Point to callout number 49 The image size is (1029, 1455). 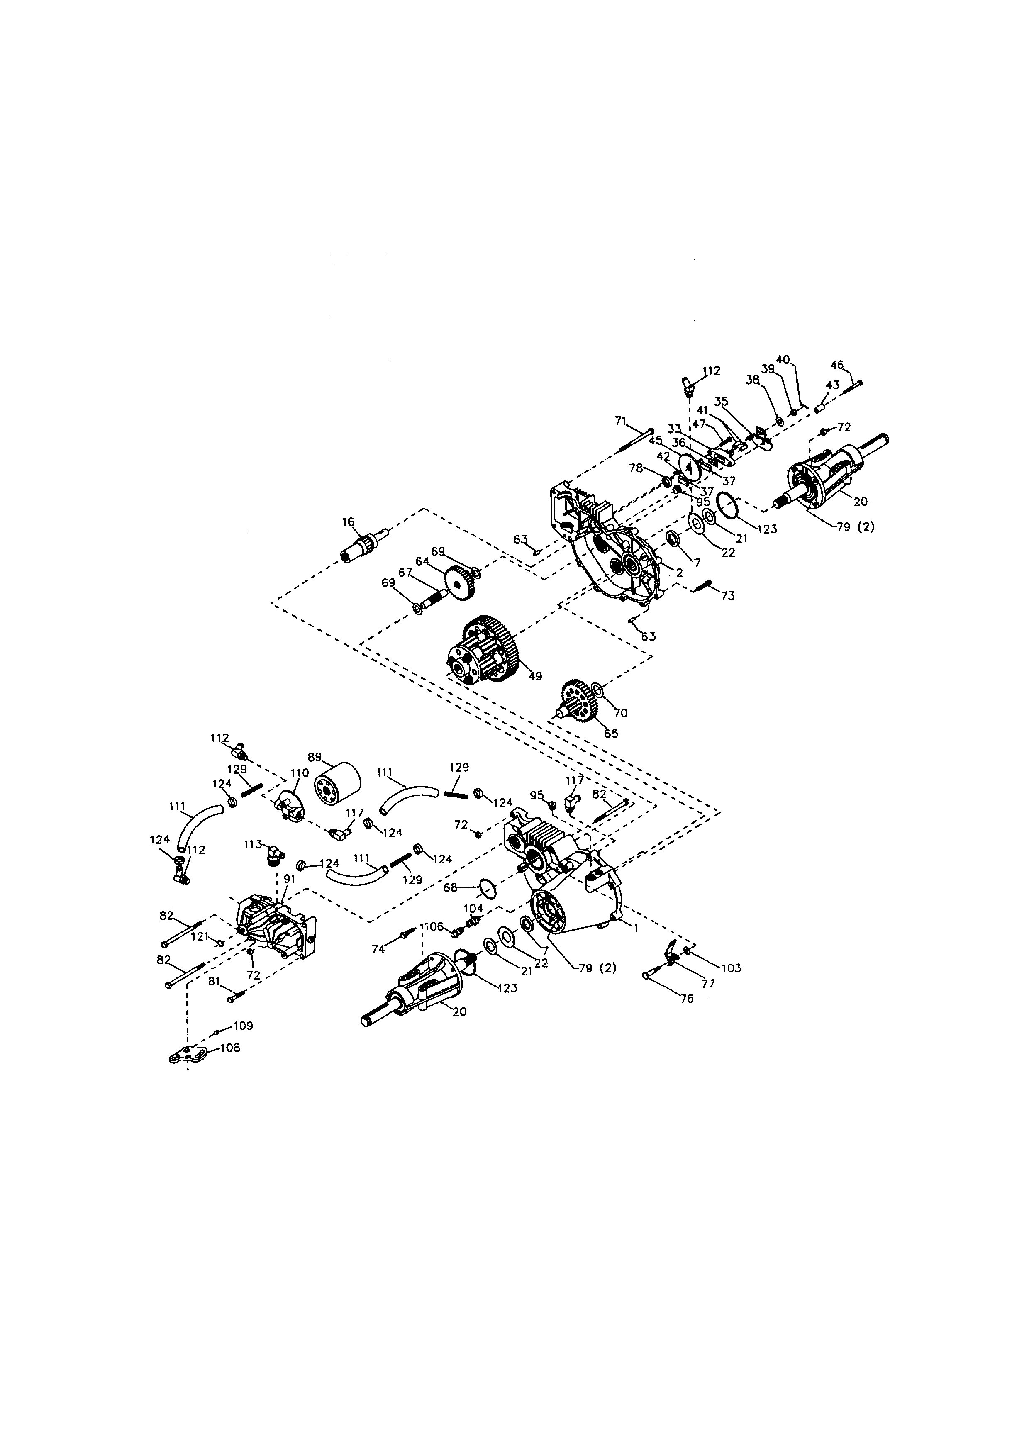(x=535, y=676)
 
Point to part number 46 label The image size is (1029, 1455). (x=837, y=365)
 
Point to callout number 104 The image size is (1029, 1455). (x=473, y=907)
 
